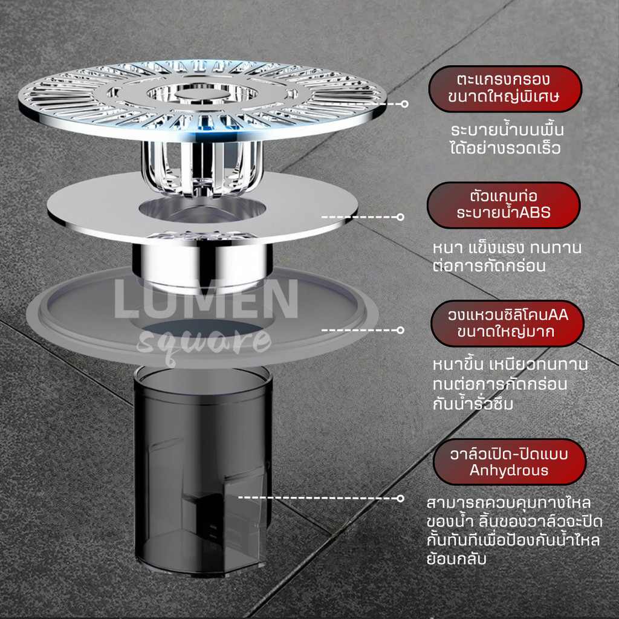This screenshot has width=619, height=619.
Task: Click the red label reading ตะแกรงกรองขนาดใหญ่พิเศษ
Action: coord(505,89)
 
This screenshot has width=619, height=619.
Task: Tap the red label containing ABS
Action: coord(504,205)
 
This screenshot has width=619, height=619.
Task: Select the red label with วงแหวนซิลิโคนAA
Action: coord(507,324)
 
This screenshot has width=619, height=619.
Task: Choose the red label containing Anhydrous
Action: coord(509,462)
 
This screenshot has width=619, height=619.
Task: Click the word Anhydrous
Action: coord(509,470)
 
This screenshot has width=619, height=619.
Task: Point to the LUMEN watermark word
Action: coord(206,299)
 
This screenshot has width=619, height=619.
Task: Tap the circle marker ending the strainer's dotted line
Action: coord(404,104)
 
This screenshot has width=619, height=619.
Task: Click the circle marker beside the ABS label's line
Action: coord(400,217)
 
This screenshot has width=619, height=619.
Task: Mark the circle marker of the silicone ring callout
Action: coord(400,330)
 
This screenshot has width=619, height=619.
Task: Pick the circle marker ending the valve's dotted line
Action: coord(400,498)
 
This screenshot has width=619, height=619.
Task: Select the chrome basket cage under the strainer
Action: coord(202,168)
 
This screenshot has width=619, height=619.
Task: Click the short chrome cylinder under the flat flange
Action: coord(202,265)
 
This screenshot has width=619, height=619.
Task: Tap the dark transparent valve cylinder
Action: coord(203,469)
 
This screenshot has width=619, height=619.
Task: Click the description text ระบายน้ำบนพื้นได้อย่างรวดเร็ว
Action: coord(507,139)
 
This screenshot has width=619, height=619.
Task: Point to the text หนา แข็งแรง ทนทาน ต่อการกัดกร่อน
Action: coord(507,256)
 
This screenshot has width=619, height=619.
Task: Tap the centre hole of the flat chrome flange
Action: coord(202,210)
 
